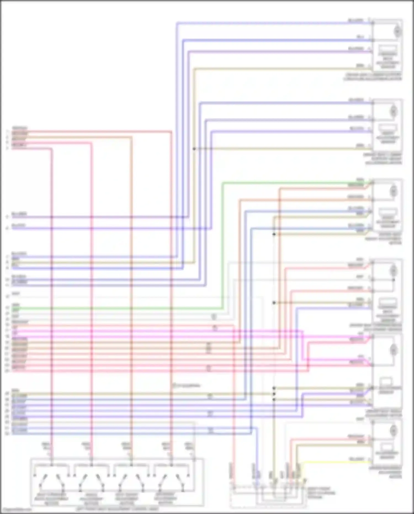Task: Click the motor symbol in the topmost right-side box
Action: (x=397, y=31)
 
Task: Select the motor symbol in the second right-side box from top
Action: (x=394, y=112)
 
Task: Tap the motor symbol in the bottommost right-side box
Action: (x=394, y=431)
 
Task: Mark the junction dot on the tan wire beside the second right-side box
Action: (x=194, y=149)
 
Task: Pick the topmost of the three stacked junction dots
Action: (x=274, y=388)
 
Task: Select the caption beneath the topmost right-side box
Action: (x=373, y=77)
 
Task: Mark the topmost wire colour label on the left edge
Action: (x=19, y=128)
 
